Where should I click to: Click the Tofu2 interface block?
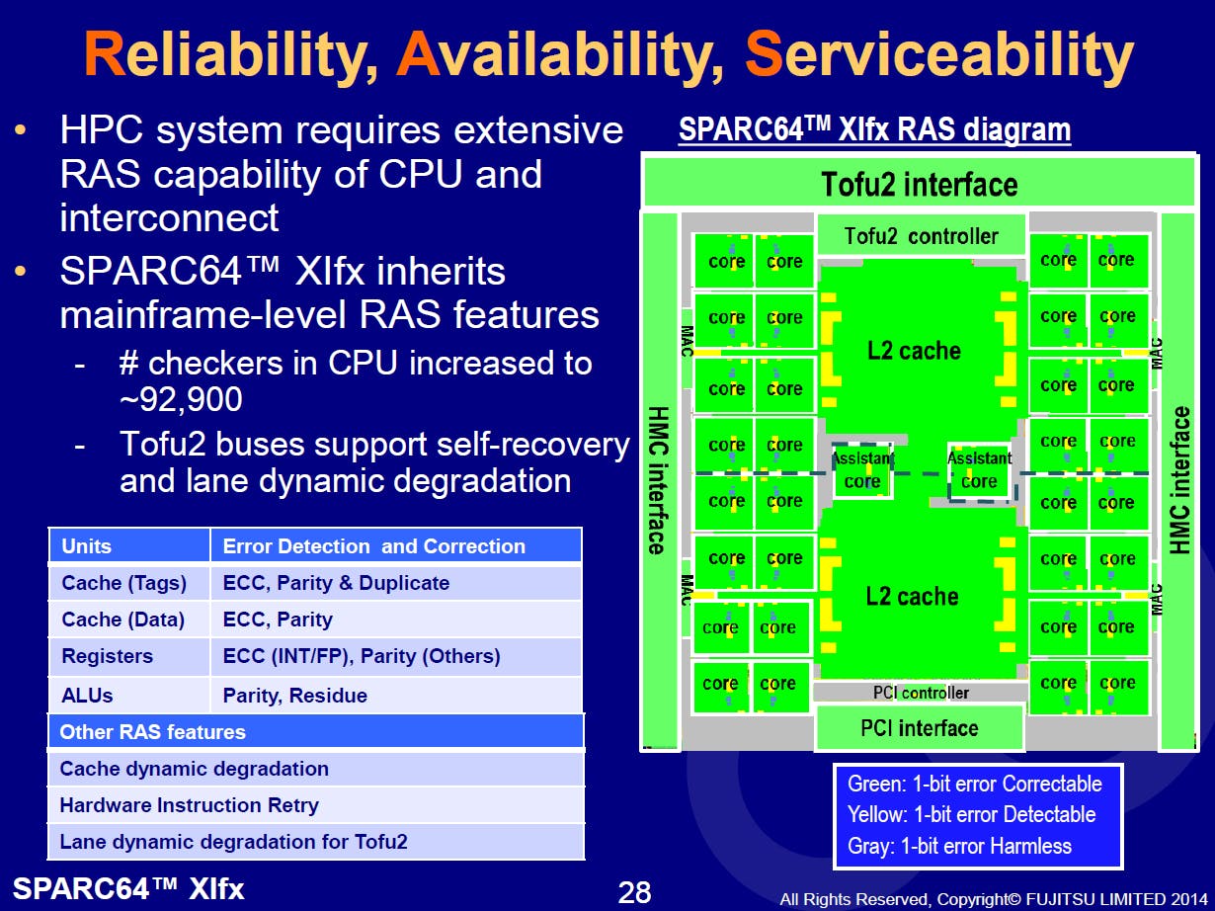pos(920,183)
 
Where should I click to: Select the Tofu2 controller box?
pos(921,235)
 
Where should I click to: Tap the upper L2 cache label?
pos(914,351)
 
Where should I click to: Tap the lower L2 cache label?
pos(912,596)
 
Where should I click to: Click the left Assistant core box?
pos(862,470)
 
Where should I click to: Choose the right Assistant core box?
pos(979,471)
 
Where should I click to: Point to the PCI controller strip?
pos(921,692)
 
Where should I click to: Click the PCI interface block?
pos(920,727)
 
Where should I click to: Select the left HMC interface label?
pos(659,480)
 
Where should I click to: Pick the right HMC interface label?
pos(1179,480)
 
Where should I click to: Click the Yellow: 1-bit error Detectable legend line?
pos(971,814)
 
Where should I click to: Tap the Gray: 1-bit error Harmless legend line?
pos(959,846)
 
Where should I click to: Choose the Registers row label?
pos(107,656)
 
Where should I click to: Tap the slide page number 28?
pos(634,891)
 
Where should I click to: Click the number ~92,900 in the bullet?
pos(182,398)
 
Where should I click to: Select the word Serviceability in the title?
pos(939,54)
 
